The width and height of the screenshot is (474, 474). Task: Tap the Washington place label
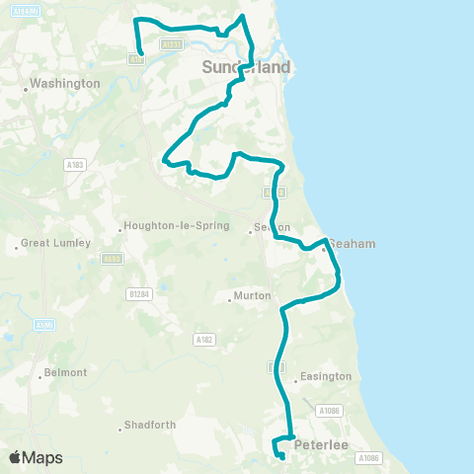[65, 84]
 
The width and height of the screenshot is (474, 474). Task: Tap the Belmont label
[67, 373]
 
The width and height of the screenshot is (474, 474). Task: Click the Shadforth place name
[149, 427]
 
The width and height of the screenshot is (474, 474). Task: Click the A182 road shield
[204, 339]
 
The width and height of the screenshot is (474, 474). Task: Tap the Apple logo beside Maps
[16, 457]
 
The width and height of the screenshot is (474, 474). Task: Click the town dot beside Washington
[26, 85]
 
